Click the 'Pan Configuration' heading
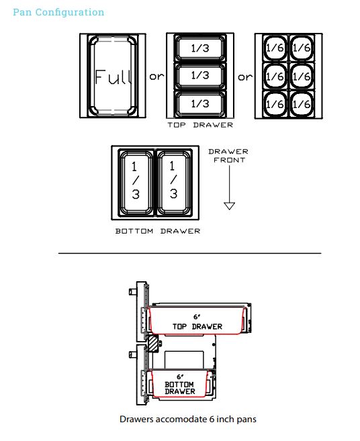pyautogui.click(x=58, y=12)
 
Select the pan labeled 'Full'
pyautogui.click(x=113, y=76)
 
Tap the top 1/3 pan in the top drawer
pyautogui.click(x=200, y=48)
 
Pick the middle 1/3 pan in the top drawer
pyautogui.click(x=200, y=76)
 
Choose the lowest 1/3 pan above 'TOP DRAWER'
pyautogui.click(x=200, y=103)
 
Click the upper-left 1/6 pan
pyautogui.click(x=275, y=48)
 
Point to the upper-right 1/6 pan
pyautogui.click(x=302, y=48)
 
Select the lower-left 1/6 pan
pyautogui.click(x=275, y=104)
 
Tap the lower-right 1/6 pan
pyautogui.click(x=302, y=104)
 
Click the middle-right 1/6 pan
pyautogui.click(x=302, y=76)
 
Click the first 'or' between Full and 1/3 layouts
pyautogui.click(x=156, y=77)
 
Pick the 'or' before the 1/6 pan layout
pyautogui.click(x=245, y=77)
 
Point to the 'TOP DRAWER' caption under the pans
pyautogui.click(x=200, y=125)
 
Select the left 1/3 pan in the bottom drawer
pyautogui.click(x=136, y=183)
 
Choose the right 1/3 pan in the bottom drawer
pyautogui.click(x=174, y=183)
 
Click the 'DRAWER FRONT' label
pyautogui.click(x=228, y=156)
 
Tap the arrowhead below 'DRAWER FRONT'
pyautogui.click(x=230, y=206)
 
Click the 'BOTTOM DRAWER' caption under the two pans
pyautogui.click(x=158, y=231)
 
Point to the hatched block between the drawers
pyautogui.click(x=153, y=343)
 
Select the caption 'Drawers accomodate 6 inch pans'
pyautogui.click(x=188, y=419)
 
